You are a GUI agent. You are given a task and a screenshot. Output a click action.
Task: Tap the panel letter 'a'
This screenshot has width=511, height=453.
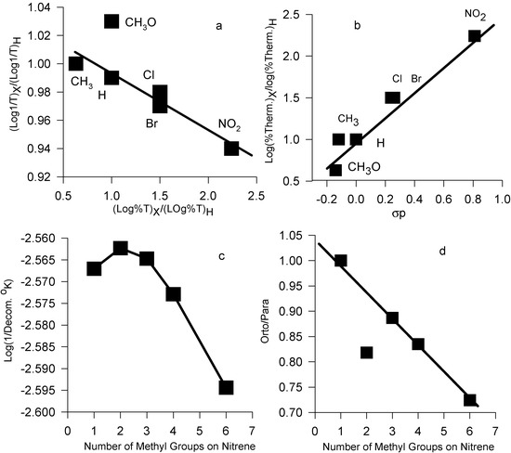[x=219, y=25]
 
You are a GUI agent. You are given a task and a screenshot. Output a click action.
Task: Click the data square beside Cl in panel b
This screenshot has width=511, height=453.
[x=393, y=97]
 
